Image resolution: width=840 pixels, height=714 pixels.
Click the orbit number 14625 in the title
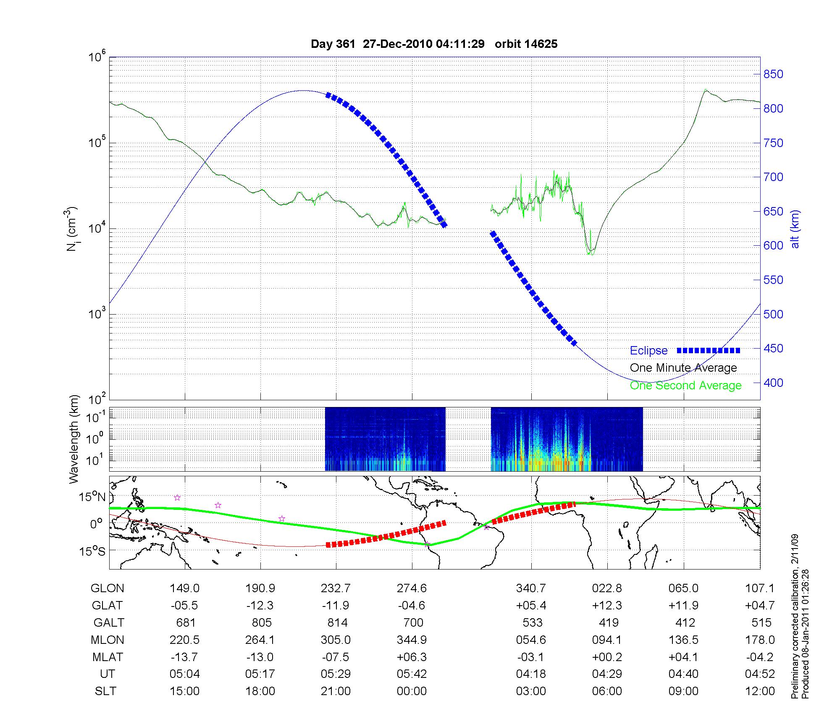tap(541, 44)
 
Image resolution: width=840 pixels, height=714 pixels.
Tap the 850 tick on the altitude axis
tap(773, 74)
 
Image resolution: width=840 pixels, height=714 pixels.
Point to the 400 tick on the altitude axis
tap(773, 383)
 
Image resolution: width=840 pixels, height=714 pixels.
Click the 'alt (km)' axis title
tap(795, 229)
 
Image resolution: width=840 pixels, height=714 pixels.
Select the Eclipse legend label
tap(648, 351)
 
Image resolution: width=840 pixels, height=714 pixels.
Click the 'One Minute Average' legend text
tap(683, 368)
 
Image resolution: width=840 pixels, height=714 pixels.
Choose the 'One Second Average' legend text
tap(685, 386)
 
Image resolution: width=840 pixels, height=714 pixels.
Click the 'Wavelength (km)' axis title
tap(74, 439)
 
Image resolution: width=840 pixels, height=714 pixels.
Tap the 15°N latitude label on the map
tap(93, 497)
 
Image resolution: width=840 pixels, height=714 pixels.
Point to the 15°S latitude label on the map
tap(93, 551)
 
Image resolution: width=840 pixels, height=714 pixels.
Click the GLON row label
tap(107, 588)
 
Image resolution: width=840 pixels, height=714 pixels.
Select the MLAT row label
tap(107, 657)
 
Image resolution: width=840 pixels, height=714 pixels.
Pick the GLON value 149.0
tap(185, 588)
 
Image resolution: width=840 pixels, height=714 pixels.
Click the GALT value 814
tap(337, 622)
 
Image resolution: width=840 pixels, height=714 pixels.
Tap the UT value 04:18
tap(531, 674)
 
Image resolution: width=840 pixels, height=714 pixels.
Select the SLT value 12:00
tap(760, 691)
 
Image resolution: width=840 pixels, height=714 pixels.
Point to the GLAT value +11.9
tap(684, 606)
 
